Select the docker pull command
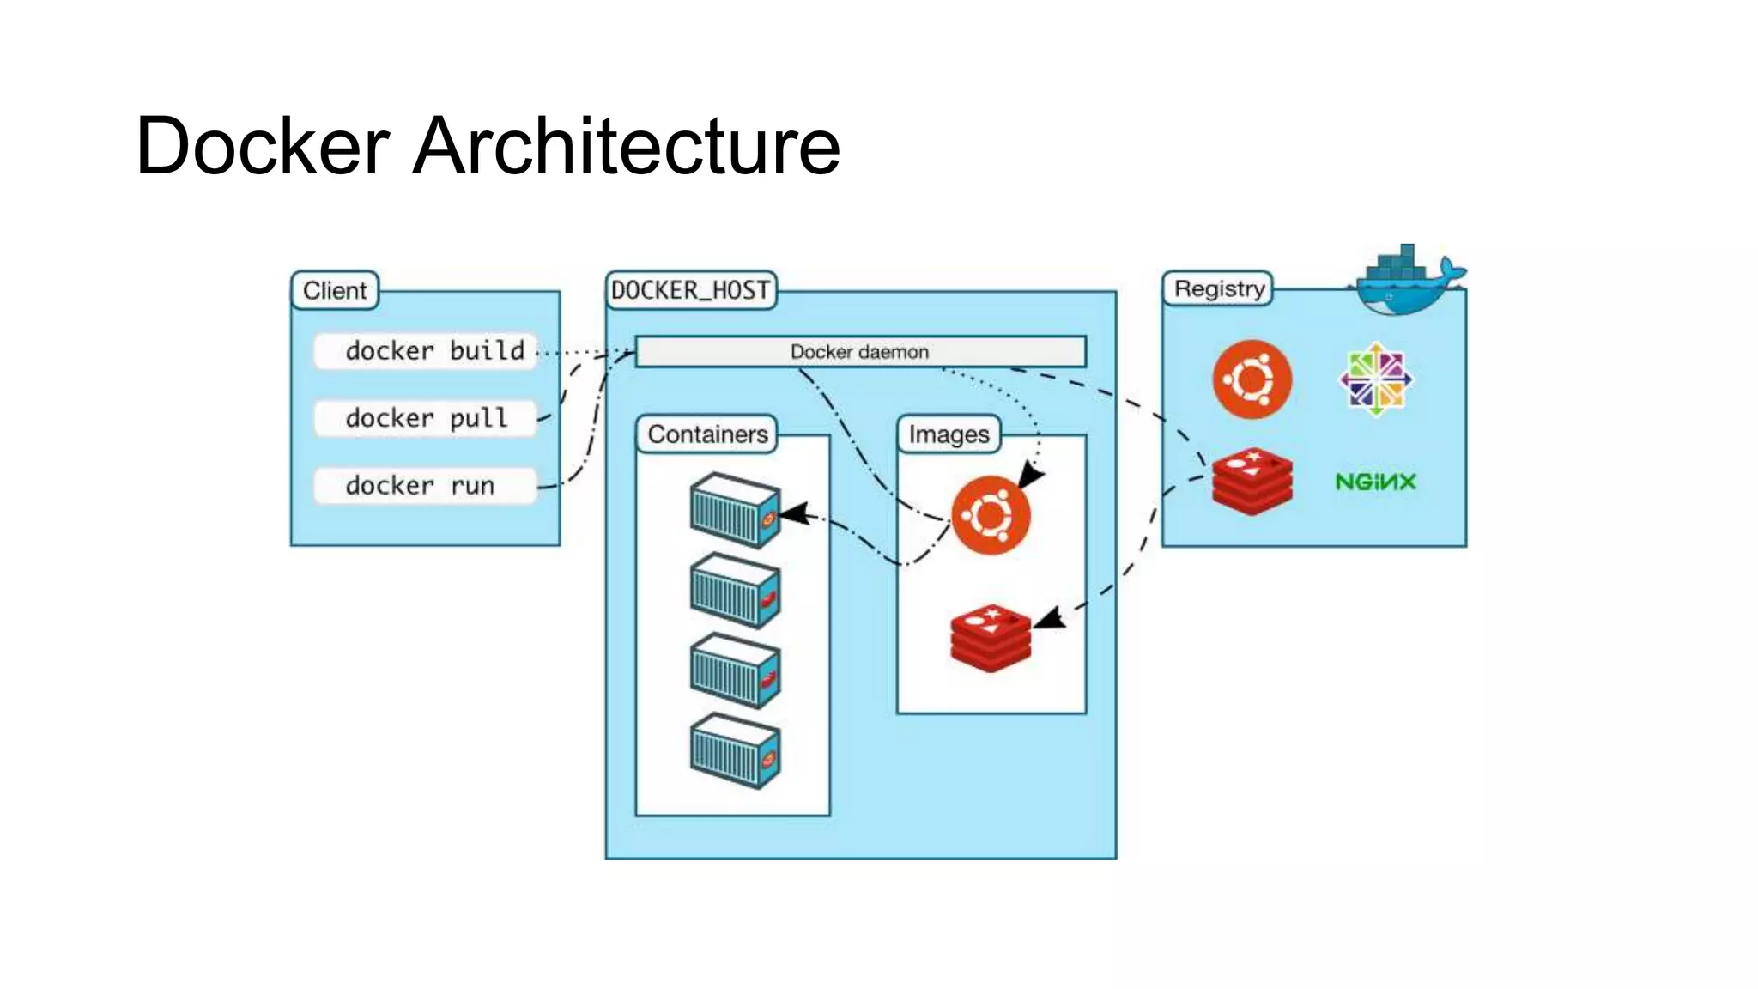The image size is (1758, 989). pyautogui.click(x=426, y=418)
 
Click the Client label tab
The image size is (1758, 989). pyautogui.click(x=335, y=290)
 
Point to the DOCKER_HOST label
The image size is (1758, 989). pyautogui.click(x=690, y=290)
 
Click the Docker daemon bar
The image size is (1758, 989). pyautogui.click(x=860, y=352)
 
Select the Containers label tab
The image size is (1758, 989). pyautogui.click(x=707, y=434)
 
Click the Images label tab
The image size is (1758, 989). pyautogui.click(x=949, y=434)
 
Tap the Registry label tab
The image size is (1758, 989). pyautogui.click(x=1219, y=288)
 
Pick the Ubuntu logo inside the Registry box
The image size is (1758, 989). pyautogui.click(x=1252, y=379)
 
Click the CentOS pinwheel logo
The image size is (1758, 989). pyautogui.click(x=1375, y=379)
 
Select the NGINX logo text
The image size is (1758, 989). pyautogui.click(x=1375, y=482)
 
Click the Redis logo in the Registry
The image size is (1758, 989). pyautogui.click(x=1252, y=481)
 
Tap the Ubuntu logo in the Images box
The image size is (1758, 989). pyautogui.click(x=991, y=515)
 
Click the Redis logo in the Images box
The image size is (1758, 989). pyautogui.click(x=991, y=637)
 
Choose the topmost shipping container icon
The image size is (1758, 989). pyautogui.click(x=735, y=510)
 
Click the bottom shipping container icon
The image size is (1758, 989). pyautogui.click(x=735, y=750)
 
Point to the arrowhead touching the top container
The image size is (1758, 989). pyautogui.click(x=794, y=514)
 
